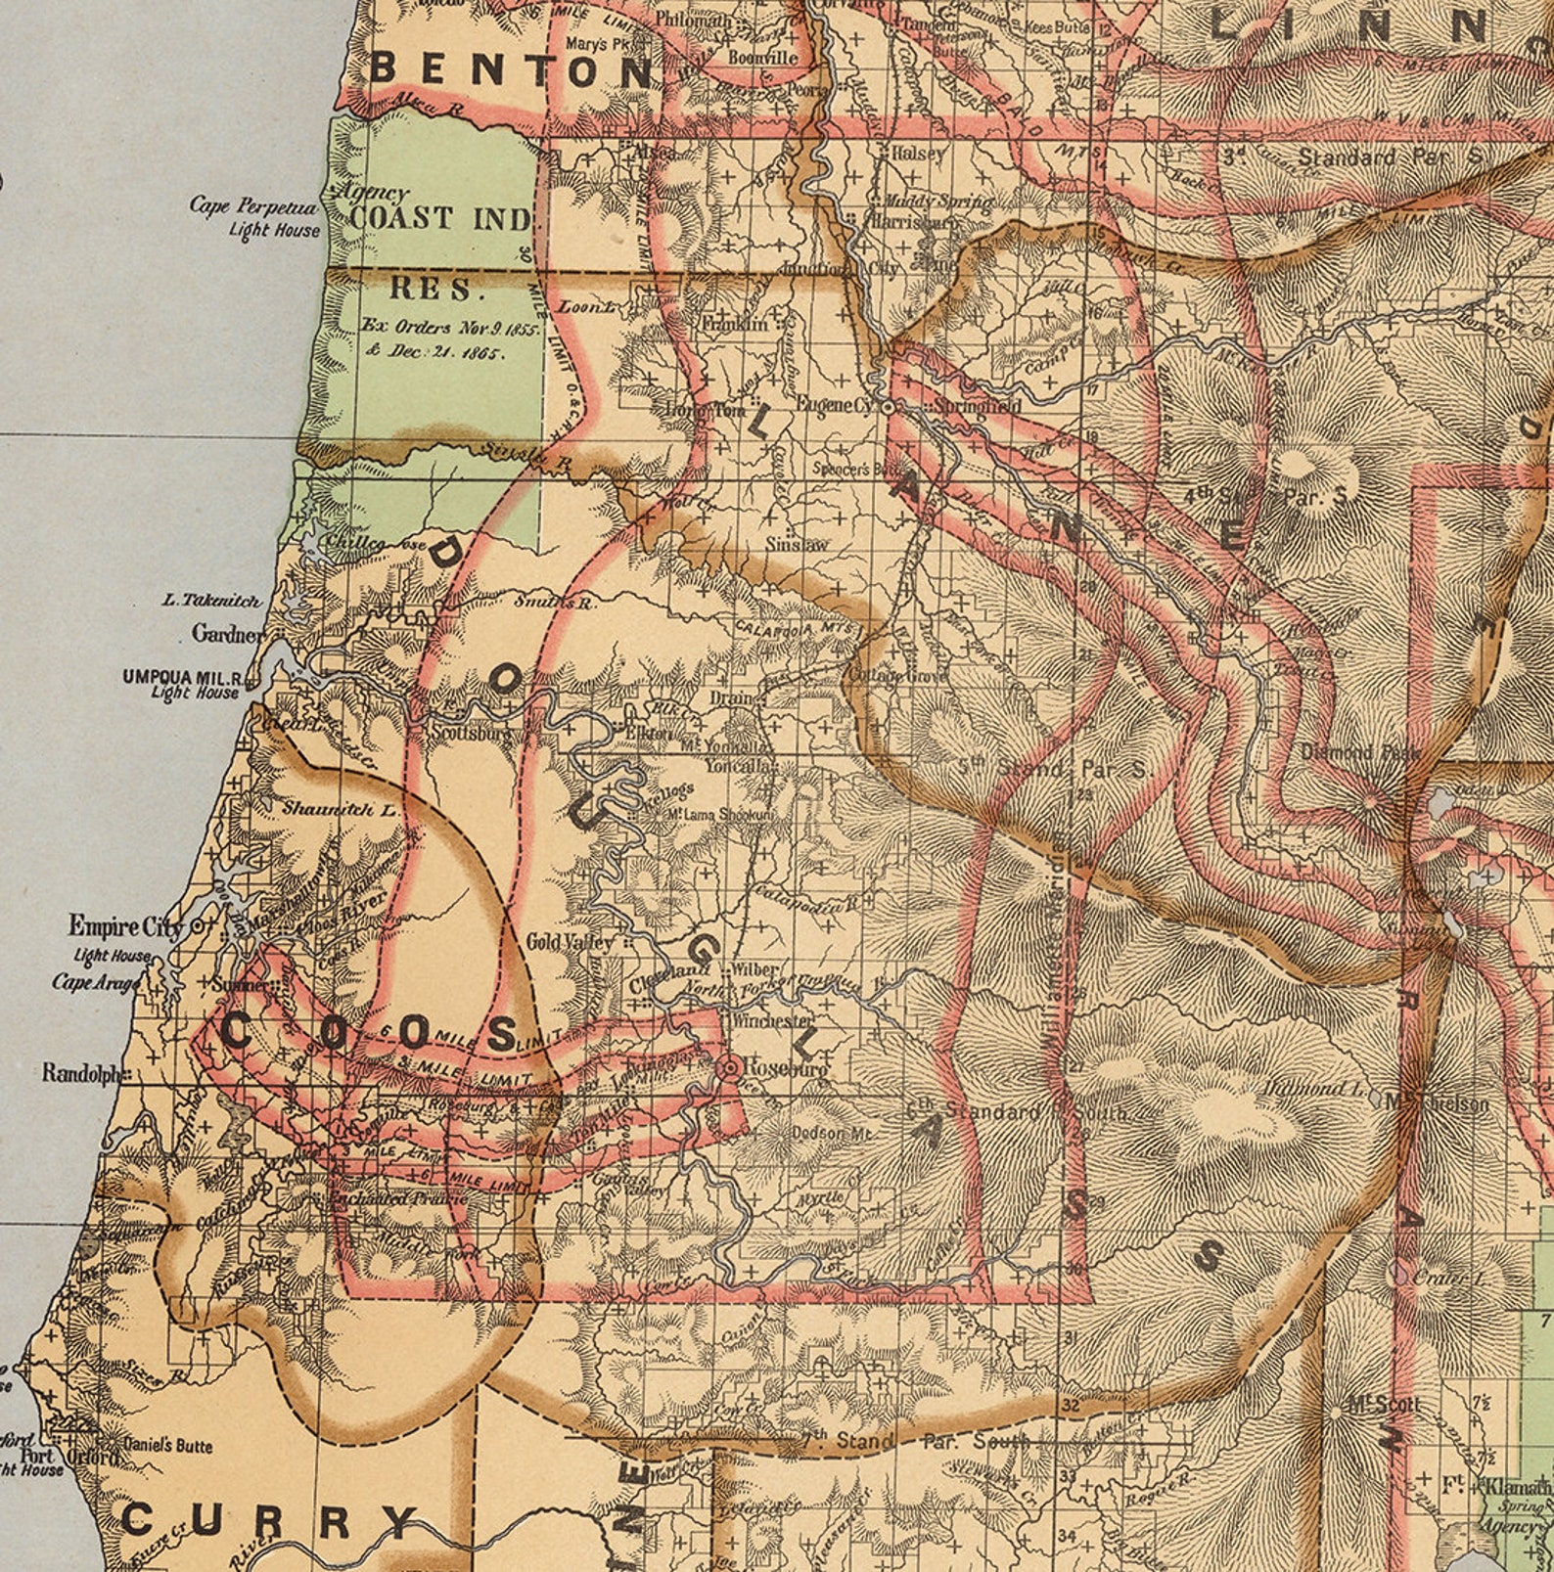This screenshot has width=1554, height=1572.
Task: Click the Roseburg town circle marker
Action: pyautogui.click(x=728, y=1068)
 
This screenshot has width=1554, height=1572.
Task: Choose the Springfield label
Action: pyautogui.click(x=977, y=405)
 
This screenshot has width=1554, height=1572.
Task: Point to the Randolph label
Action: pyautogui.click(x=81, y=1073)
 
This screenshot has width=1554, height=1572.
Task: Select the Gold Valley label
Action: pyautogui.click(x=571, y=942)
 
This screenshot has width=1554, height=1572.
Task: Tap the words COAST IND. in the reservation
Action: pyautogui.click(x=440, y=218)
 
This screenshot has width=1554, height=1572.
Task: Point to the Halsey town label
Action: pyautogui.click(x=918, y=154)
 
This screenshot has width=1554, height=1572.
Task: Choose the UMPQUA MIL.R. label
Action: pyautogui.click(x=183, y=677)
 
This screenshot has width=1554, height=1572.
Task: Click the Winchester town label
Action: pyautogui.click(x=773, y=1020)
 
